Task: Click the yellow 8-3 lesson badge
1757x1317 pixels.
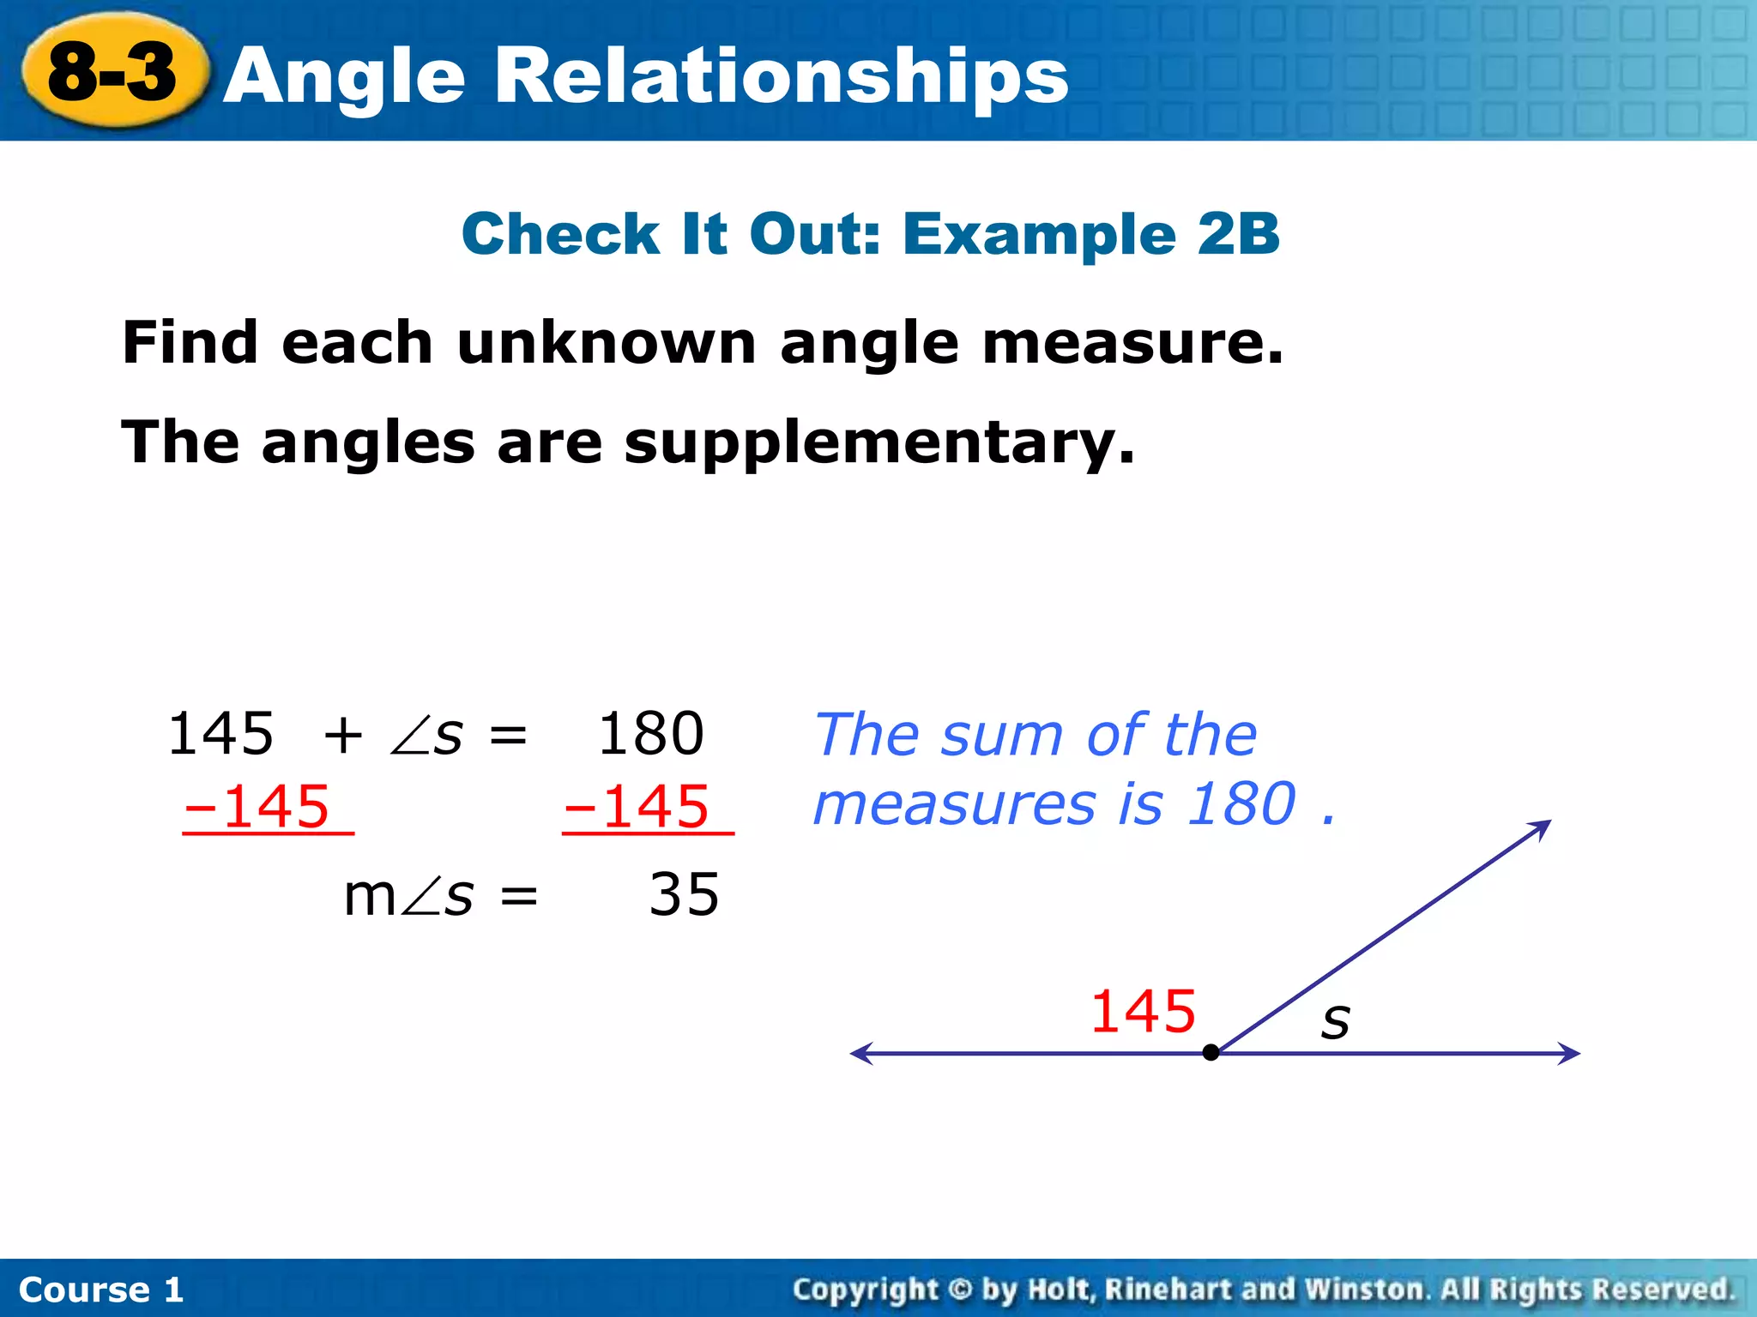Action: [x=113, y=72]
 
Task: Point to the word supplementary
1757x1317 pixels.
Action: [x=878, y=444]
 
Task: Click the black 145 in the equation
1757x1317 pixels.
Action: [x=220, y=734]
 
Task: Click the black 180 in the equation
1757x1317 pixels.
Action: [x=650, y=734]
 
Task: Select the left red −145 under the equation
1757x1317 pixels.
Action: [x=257, y=807]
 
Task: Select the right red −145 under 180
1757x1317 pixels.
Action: [x=637, y=807]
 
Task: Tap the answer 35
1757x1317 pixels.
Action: [x=684, y=895]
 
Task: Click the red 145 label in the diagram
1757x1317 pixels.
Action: [x=1143, y=1012]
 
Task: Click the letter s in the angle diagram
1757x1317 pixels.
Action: [x=1335, y=1020]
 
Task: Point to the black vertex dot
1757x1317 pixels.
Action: [x=1211, y=1053]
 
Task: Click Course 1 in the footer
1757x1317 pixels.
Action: [x=101, y=1290]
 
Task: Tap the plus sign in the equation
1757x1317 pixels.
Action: [x=343, y=736]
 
